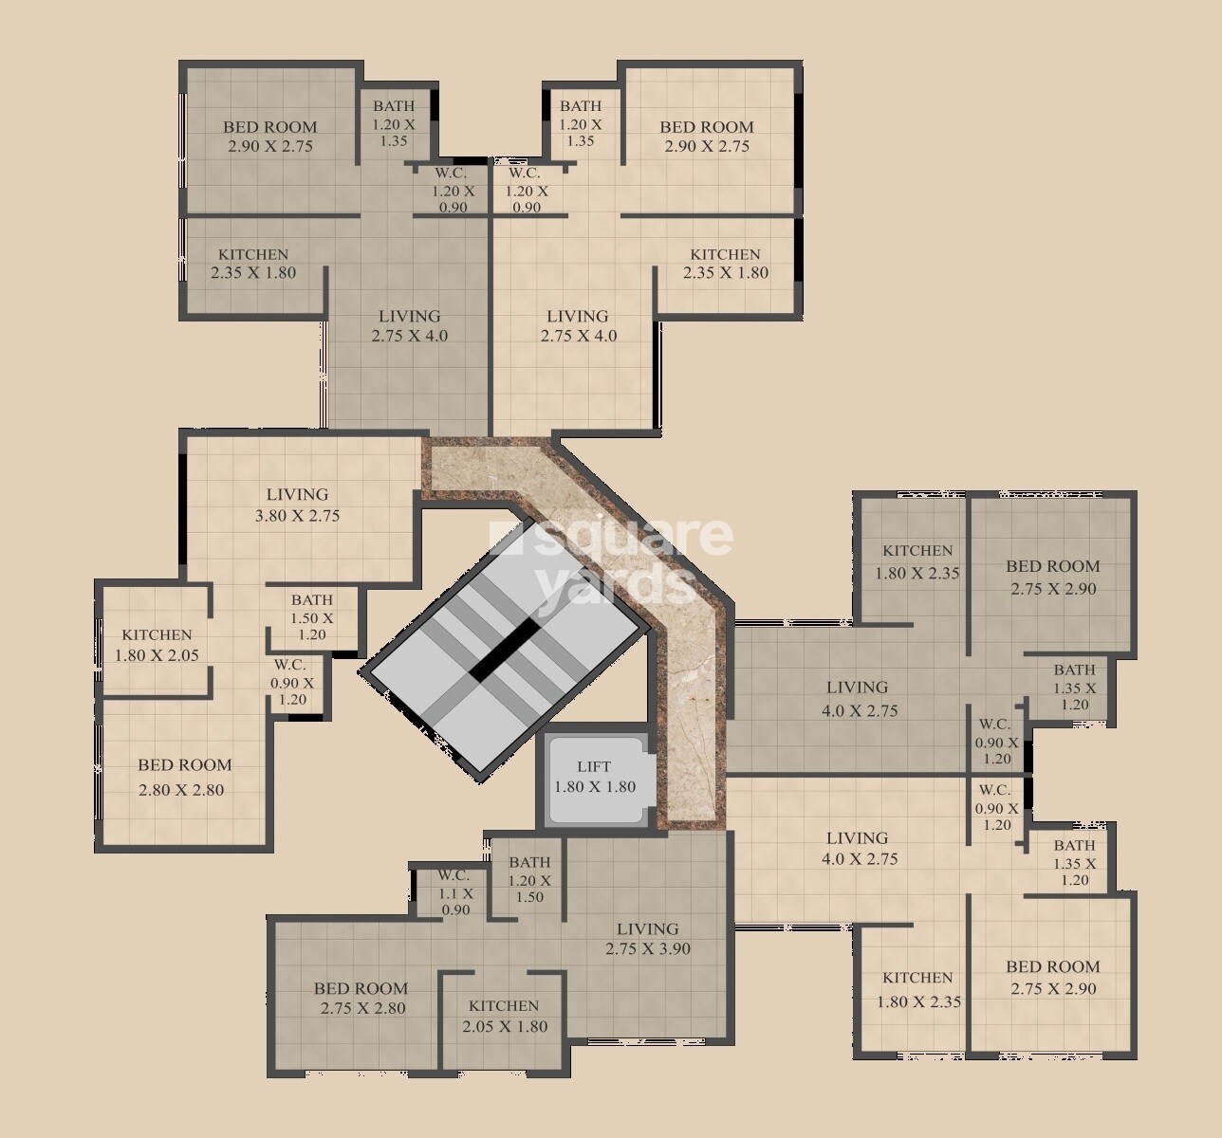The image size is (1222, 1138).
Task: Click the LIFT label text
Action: point(594,766)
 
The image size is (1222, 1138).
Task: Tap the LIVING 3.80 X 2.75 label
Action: point(297,505)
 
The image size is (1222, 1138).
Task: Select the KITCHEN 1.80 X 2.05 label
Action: point(157,645)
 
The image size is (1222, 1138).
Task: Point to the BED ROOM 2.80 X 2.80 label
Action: point(184,778)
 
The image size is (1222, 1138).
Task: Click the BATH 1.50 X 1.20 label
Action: point(312,617)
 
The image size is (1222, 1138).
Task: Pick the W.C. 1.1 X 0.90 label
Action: point(454,892)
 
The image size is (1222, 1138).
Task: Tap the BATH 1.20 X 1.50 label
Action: point(529,879)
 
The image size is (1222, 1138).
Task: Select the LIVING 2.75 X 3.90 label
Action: point(648,939)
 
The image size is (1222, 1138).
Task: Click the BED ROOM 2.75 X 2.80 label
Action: point(361,998)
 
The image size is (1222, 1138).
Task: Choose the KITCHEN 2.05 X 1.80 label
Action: point(504,1016)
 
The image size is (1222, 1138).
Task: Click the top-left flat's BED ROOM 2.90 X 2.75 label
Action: point(270,137)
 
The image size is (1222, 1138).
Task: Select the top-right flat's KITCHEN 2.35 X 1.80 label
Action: point(726,264)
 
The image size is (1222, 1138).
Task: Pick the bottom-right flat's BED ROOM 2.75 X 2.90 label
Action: point(1053,978)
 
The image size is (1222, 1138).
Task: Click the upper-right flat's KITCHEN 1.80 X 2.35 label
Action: point(917,561)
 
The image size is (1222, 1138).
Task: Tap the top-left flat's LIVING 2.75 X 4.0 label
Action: point(410,325)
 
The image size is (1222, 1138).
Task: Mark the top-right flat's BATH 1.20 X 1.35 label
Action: point(581,123)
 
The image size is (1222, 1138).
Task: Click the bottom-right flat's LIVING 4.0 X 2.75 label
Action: point(858,849)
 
